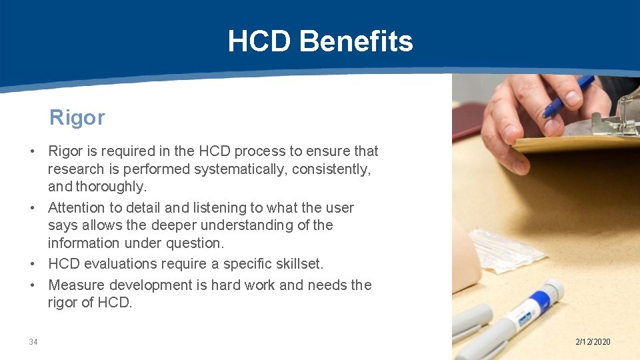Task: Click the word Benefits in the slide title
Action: tap(356, 41)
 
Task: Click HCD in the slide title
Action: tap(260, 41)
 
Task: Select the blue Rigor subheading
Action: tap(77, 118)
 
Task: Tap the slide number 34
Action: tap(33, 342)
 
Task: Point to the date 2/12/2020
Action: tap(593, 342)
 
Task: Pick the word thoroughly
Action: tap(111, 187)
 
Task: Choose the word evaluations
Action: tap(128, 263)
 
